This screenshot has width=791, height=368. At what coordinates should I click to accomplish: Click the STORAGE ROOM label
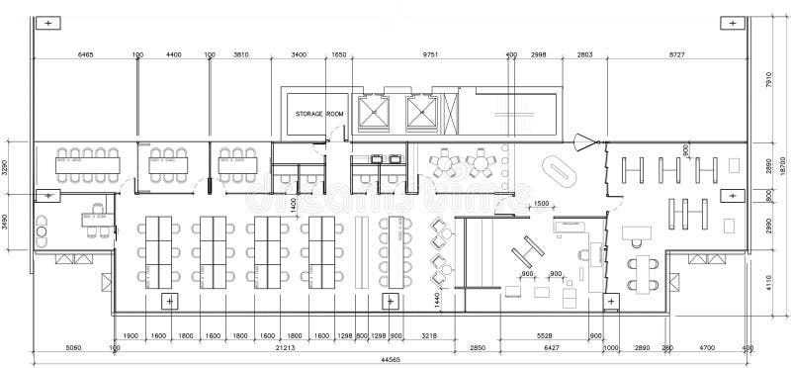point(319,114)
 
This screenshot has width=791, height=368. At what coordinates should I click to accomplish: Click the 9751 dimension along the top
point(431,55)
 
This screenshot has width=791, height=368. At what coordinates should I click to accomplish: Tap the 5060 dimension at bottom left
point(73,347)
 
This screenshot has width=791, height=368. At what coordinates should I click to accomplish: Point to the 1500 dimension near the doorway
point(541,204)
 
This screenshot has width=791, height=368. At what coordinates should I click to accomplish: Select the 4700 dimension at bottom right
point(707,347)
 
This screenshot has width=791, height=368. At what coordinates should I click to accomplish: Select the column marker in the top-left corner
point(44,22)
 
